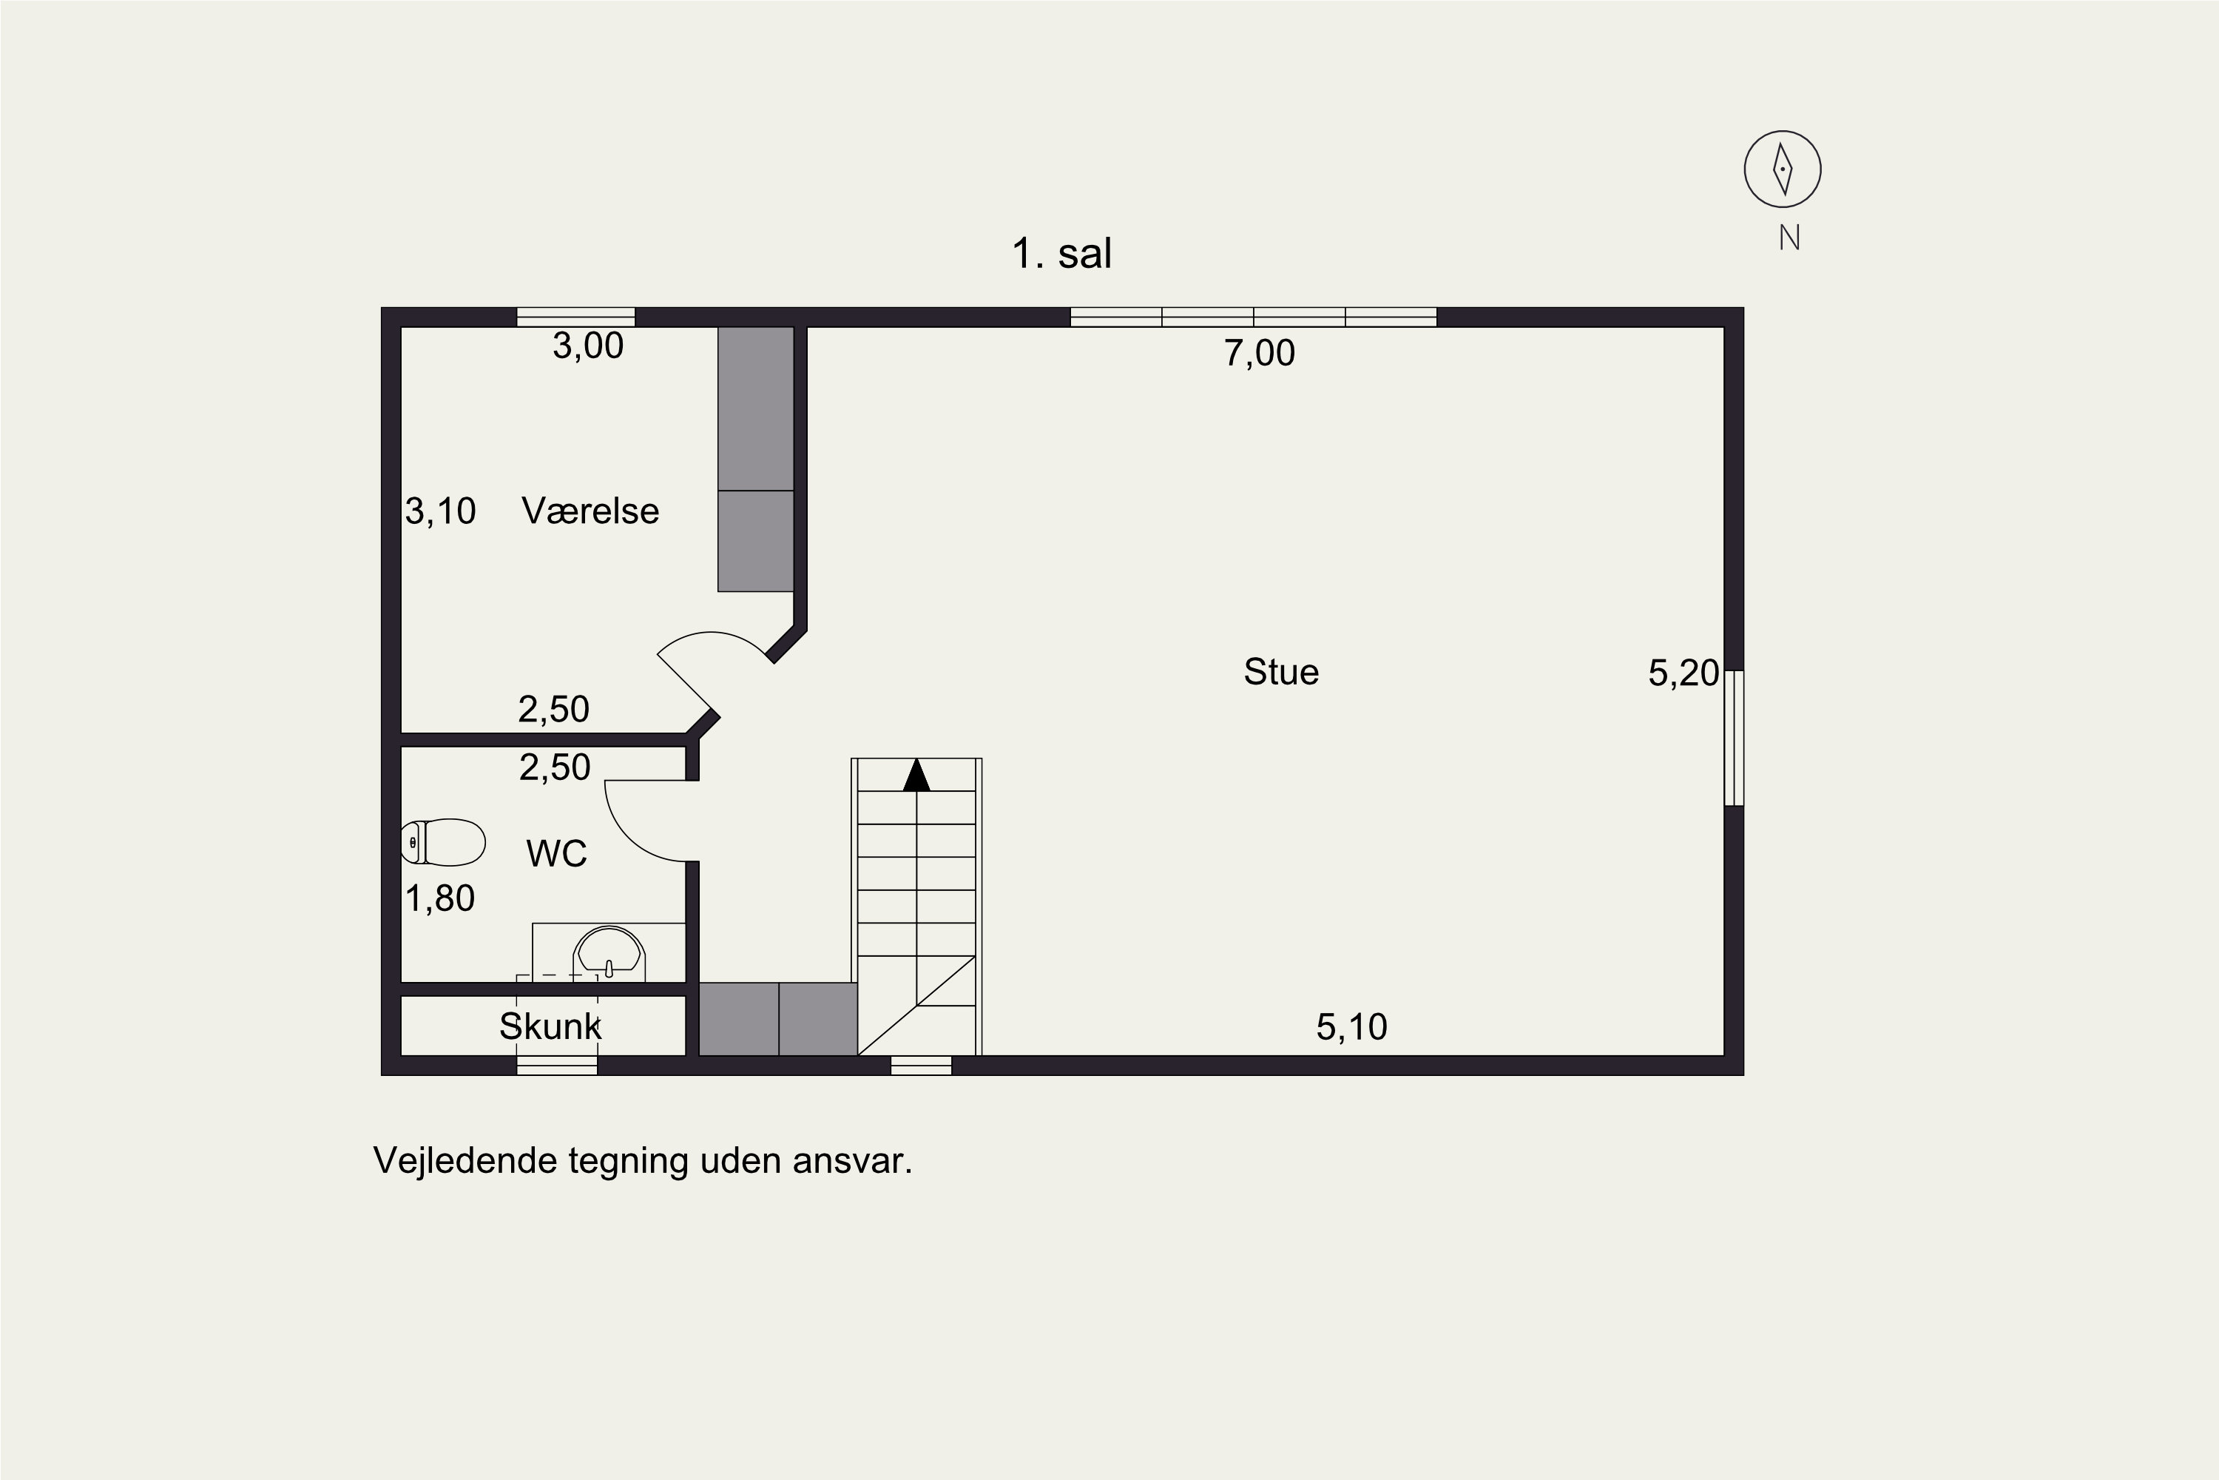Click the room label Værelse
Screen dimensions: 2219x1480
click(590, 511)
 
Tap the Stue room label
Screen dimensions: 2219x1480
click(1281, 672)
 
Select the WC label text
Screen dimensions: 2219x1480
click(557, 853)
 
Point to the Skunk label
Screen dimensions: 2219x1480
click(550, 1026)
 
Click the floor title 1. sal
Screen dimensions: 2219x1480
click(1061, 253)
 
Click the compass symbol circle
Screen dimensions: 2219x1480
click(1782, 169)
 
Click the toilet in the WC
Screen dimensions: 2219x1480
click(443, 842)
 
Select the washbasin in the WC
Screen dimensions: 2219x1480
click(609, 952)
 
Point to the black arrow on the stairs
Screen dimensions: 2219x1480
click(916, 775)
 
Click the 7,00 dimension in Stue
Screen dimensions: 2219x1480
click(1260, 353)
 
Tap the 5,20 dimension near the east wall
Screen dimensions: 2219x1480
click(1683, 672)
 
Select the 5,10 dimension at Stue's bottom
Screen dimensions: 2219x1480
click(1352, 1027)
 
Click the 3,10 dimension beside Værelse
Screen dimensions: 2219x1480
click(441, 511)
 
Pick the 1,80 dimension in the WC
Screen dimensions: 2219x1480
click(439, 898)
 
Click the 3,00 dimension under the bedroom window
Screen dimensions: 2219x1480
click(588, 346)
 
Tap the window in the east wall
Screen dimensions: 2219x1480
click(1734, 738)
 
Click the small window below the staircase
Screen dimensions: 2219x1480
click(921, 1066)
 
